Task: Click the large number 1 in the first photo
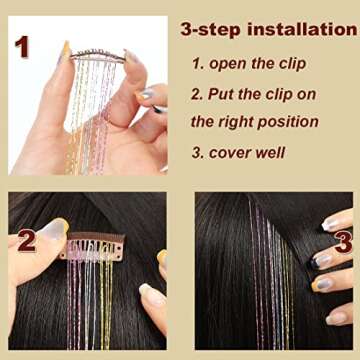[x=21, y=46]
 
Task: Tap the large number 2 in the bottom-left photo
[x=27, y=240]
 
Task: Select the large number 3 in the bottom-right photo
[x=342, y=240]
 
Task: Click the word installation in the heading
[x=300, y=29]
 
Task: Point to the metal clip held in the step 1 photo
[x=97, y=57]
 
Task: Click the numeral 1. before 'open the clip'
[x=198, y=63]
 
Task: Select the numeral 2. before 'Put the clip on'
[x=198, y=94]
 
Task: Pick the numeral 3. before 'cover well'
[x=198, y=153]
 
